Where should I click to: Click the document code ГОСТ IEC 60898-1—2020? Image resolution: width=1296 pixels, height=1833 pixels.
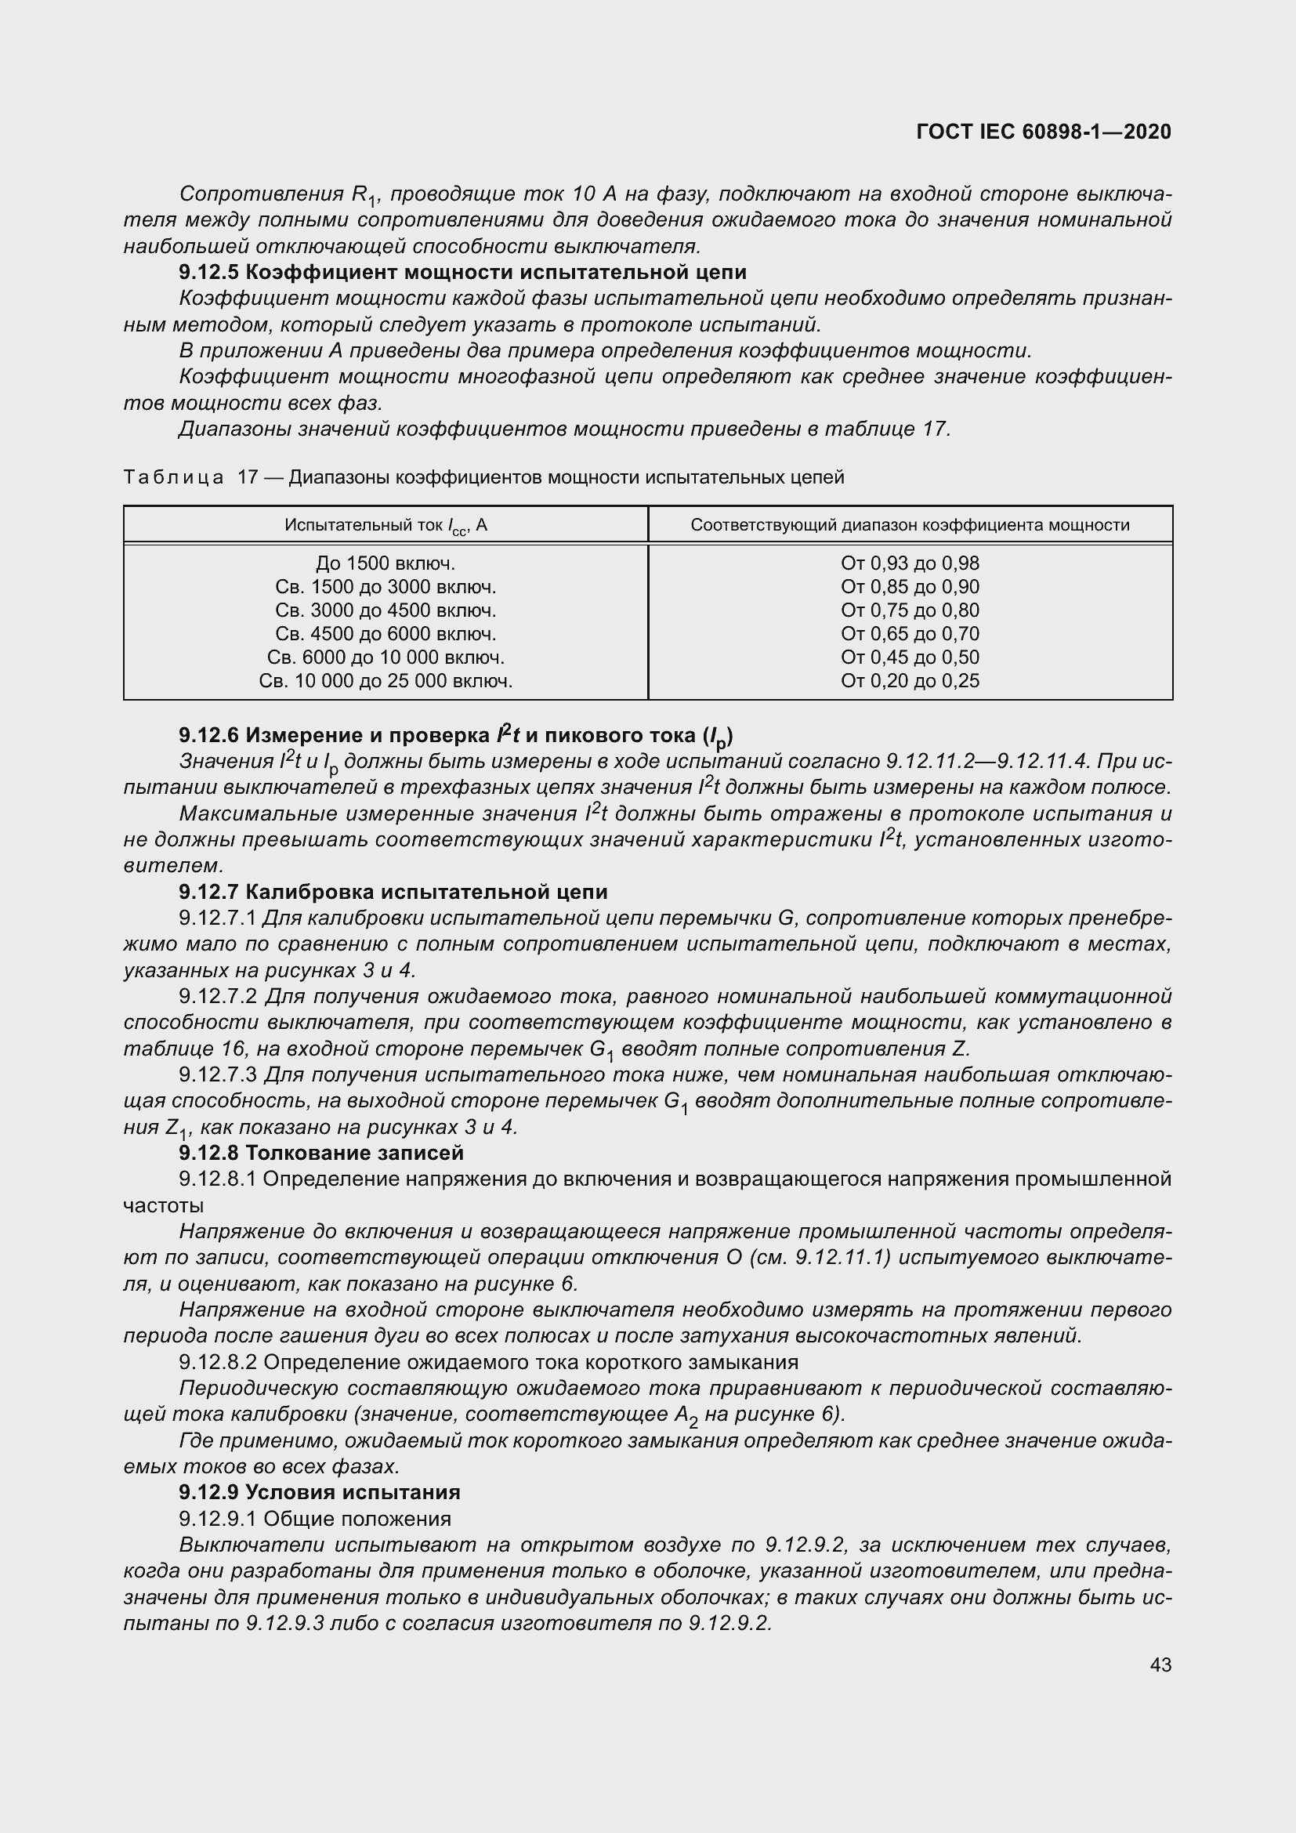tap(1044, 132)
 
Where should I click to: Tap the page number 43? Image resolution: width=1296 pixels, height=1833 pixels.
tap(1160, 1665)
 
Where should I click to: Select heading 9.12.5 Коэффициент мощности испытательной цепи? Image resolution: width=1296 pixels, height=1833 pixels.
tap(463, 272)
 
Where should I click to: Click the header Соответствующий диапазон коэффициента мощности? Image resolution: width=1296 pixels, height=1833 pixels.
tap(910, 525)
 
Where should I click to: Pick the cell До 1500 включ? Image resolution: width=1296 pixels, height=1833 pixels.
tap(386, 563)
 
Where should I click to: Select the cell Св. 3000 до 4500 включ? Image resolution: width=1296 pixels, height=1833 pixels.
tap(386, 610)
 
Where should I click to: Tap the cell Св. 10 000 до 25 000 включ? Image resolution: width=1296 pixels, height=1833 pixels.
tap(386, 681)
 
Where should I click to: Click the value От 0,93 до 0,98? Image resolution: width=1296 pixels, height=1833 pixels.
tap(910, 563)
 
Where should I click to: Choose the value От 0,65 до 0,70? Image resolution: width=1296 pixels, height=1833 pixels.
tap(910, 634)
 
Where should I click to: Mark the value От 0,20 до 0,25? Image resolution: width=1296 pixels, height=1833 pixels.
tap(910, 681)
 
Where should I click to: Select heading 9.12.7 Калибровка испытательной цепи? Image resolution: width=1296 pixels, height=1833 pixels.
tap(393, 892)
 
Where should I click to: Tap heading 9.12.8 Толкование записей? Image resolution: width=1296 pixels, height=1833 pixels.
tap(320, 1153)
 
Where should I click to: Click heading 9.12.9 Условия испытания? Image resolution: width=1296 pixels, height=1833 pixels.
tap(319, 1492)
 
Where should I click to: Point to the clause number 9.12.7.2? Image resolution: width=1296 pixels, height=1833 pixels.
tap(218, 996)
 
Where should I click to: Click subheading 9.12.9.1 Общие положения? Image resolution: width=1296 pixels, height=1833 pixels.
tap(315, 1519)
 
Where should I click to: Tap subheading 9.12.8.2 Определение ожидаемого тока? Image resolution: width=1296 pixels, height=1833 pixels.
tap(488, 1362)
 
